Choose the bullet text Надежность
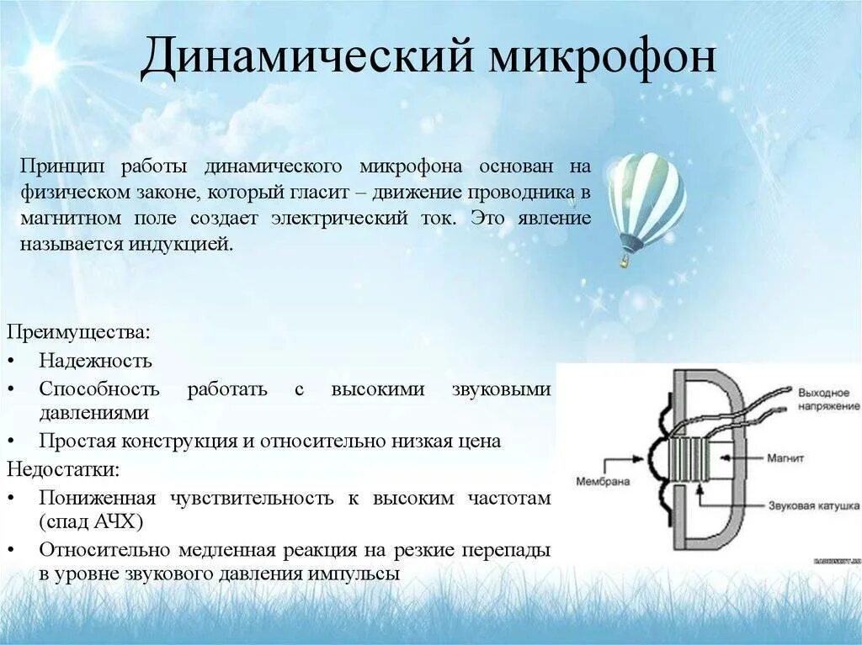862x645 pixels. point(95,361)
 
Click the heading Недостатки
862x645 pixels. point(63,468)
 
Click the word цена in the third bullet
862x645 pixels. point(479,441)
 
